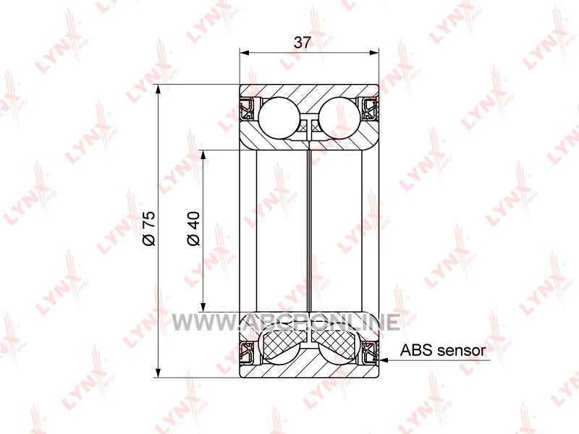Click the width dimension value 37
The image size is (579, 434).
coord(303,43)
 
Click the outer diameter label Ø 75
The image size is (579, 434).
coord(150,229)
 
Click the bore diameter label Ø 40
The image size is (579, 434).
coord(193,229)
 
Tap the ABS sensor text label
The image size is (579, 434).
coord(442,350)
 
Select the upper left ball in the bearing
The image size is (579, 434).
coord(279,118)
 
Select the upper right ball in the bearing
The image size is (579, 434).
coord(339,118)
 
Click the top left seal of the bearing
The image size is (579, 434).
coord(247,109)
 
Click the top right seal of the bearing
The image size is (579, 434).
coord(371,109)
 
